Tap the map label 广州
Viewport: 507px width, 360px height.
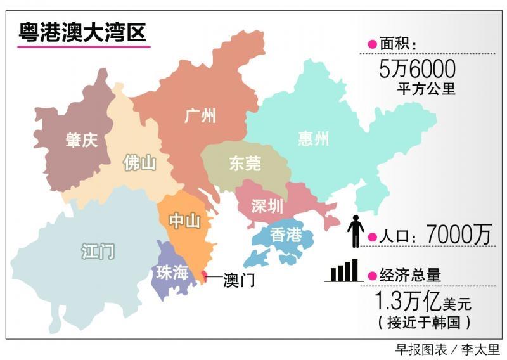200,116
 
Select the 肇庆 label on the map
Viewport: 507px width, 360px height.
82,140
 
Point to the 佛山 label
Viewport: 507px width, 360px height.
139,163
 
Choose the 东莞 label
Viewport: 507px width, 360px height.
245,164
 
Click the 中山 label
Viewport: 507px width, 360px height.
184,221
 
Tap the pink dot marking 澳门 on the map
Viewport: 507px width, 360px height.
203,274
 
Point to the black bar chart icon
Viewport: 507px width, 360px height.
345,271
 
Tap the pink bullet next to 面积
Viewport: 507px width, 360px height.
372,44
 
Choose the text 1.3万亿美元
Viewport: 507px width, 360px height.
423,300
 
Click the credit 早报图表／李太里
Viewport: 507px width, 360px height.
447,350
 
